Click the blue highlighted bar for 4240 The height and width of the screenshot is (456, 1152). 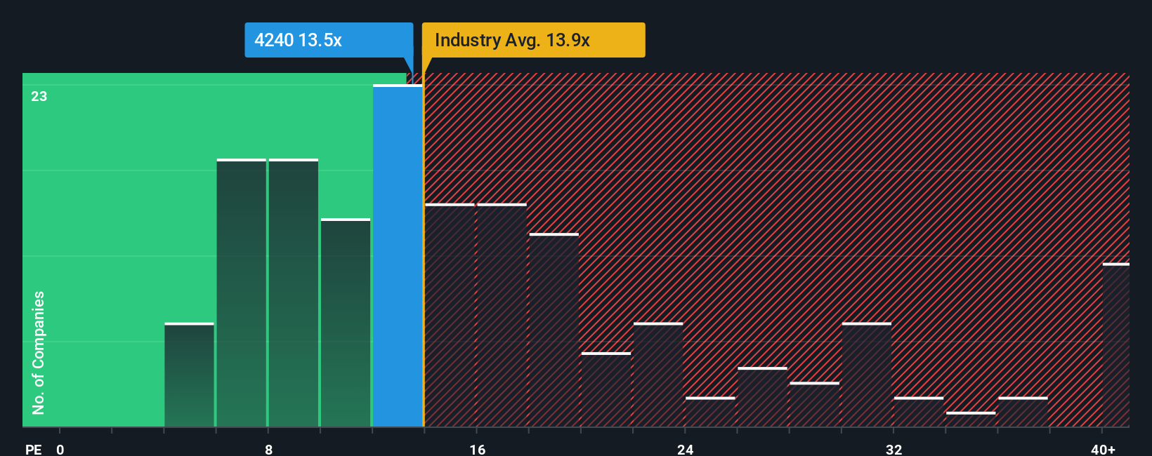(398, 256)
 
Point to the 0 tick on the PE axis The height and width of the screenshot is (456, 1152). (60, 449)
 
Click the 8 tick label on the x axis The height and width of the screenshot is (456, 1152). (269, 449)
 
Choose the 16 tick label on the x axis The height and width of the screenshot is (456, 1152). (478, 449)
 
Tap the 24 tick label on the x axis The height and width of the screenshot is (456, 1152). (686, 449)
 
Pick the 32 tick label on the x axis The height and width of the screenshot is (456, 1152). (894, 449)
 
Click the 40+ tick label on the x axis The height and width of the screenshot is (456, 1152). (1103, 449)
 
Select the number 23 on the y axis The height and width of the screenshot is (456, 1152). (39, 96)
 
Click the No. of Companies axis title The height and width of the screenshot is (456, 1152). (39, 352)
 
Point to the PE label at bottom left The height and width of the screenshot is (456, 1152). (34, 449)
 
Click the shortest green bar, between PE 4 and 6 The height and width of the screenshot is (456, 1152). (189, 375)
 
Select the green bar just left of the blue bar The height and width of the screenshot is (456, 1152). (346, 323)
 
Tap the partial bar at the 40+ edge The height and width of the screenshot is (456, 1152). (1115, 345)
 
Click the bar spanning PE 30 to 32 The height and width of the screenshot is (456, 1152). (867, 375)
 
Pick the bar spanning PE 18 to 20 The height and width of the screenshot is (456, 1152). (554, 330)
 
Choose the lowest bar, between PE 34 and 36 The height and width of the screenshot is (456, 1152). (971, 420)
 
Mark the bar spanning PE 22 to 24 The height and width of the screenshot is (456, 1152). (658, 375)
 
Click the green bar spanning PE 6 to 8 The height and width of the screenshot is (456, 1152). (242, 293)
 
